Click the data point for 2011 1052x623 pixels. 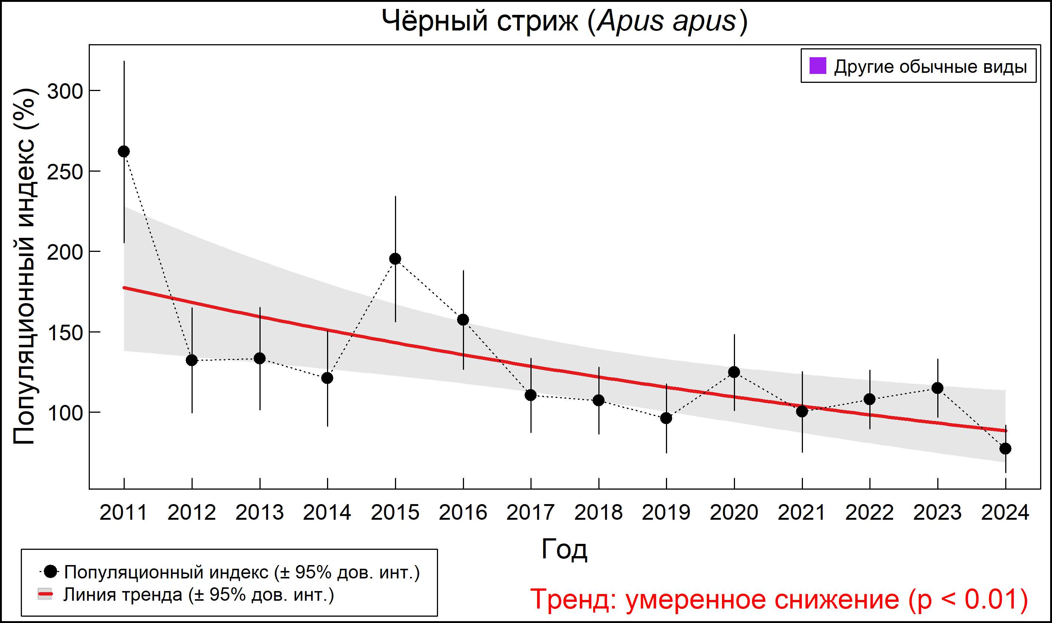point(124,152)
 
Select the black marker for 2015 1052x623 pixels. point(395,259)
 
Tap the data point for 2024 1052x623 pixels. point(1005,448)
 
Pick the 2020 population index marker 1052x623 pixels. point(734,372)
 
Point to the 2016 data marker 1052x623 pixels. point(463,320)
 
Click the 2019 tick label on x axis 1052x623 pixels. point(666,513)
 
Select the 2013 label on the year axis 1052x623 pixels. point(259,513)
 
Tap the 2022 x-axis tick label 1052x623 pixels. point(869,513)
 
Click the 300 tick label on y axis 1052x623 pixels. point(65,91)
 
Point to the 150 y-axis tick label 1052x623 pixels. point(65,333)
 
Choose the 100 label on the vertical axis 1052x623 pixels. point(65,413)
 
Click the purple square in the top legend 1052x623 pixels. point(817,66)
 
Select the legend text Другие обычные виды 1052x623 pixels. point(930,67)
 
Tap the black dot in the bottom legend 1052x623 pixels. point(51,572)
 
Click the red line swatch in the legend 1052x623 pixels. point(45,594)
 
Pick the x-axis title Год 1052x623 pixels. point(564,549)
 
